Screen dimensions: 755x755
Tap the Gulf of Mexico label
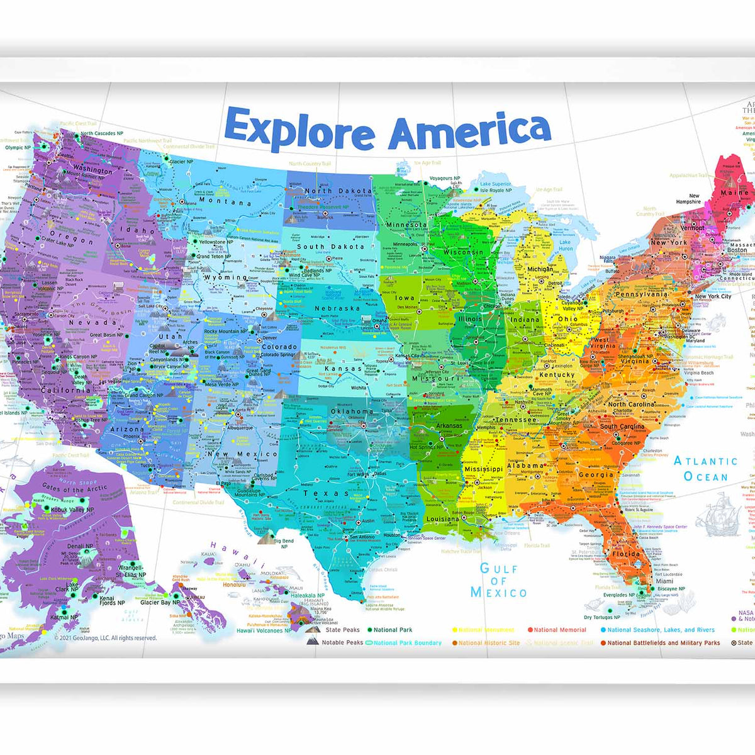click(498, 580)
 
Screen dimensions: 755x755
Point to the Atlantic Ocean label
click(705, 469)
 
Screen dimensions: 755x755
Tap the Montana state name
click(225, 202)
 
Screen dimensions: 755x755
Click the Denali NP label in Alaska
click(80, 547)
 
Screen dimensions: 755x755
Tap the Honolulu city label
click(234, 584)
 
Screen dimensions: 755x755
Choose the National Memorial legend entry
click(559, 630)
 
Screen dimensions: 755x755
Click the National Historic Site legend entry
click(488, 643)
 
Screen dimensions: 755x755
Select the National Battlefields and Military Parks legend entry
click(663, 643)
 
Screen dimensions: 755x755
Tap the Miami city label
click(664, 581)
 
